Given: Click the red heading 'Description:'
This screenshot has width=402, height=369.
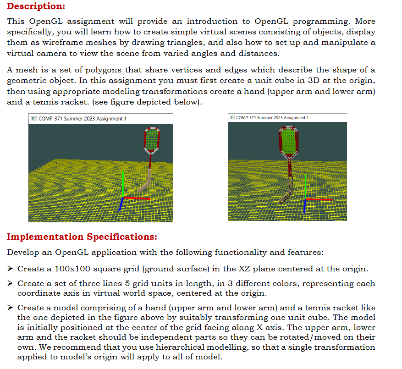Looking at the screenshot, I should (36, 6).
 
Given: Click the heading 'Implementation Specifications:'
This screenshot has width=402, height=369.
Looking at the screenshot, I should (82, 237).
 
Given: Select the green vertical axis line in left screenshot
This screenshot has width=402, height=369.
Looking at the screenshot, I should (122, 183).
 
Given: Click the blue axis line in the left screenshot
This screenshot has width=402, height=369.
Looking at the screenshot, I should (121, 204).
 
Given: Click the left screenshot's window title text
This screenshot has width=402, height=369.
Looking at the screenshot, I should (82, 119).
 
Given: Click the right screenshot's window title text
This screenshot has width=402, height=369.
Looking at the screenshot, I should (272, 118).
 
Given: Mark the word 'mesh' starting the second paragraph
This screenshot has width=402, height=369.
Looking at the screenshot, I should (25, 70).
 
